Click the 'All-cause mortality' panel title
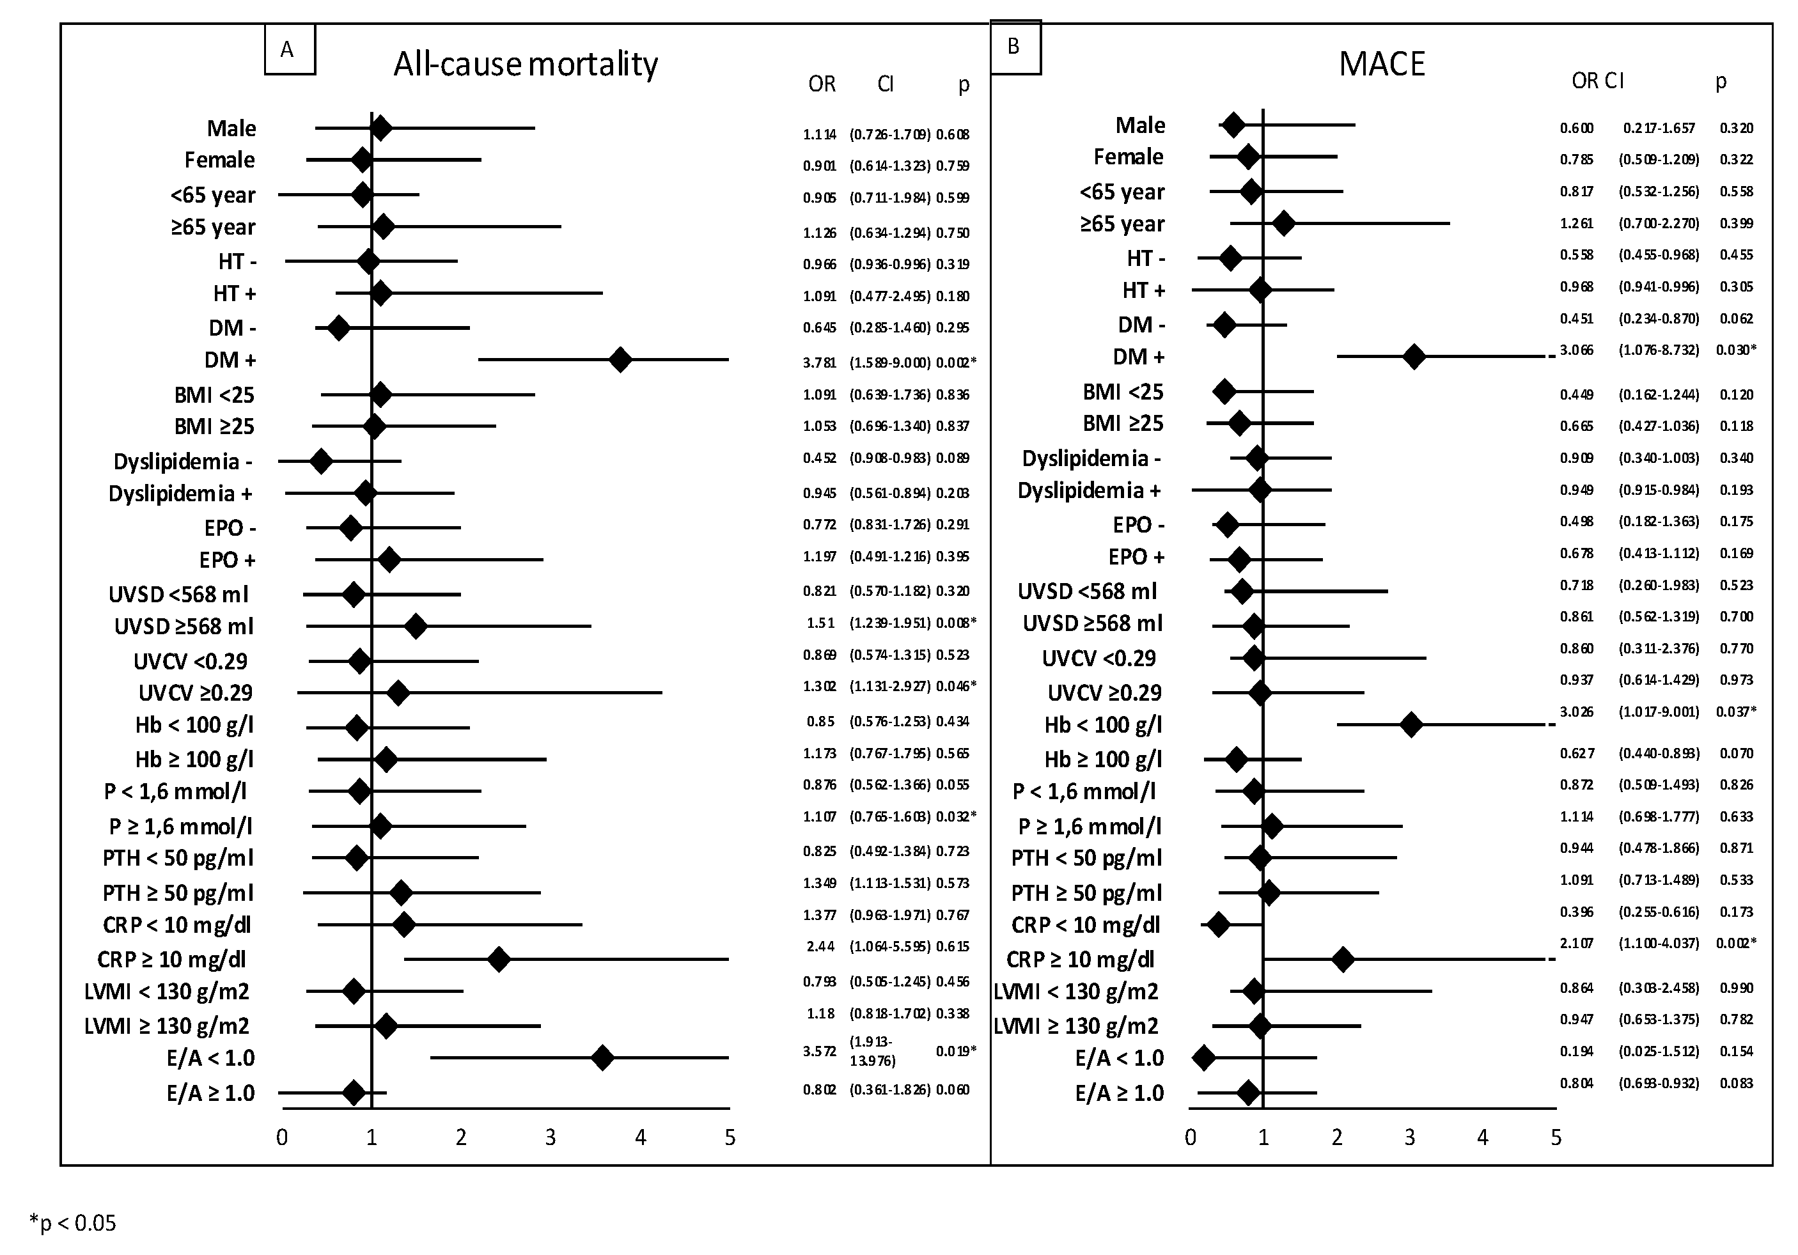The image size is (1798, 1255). pos(525,64)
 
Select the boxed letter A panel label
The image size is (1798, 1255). pos(289,50)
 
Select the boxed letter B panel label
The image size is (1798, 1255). pos(1015,47)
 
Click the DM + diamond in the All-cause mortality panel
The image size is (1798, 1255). pos(620,360)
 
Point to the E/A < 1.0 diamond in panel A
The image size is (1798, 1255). pos(602,1057)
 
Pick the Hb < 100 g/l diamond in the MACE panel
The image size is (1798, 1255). pos(1411,724)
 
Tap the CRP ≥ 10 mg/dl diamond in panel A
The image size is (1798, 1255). pos(499,959)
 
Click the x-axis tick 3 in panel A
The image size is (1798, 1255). pos(551,1137)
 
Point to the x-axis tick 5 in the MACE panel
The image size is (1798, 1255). pos(1555,1137)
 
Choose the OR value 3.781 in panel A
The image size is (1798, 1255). pos(819,362)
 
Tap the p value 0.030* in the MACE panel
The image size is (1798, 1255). pos(1735,350)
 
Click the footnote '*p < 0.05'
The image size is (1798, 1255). pos(72,1222)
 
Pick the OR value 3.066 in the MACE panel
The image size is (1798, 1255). pos(1576,350)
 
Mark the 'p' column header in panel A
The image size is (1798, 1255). pos(963,84)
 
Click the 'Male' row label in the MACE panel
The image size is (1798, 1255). pos(1140,125)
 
